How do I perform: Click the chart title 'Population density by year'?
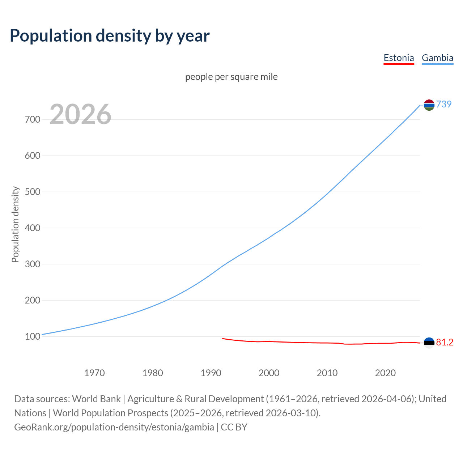pyautogui.click(x=110, y=35)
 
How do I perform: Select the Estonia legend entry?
pyautogui.click(x=399, y=58)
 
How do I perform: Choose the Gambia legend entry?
pyautogui.click(x=437, y=58)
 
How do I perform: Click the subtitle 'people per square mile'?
pyautogui.click(x=231, y=77)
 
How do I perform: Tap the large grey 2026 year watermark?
pyautogui.click(x=80, y=114)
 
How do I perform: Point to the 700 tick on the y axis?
pyautogui.click(x=33, y=119)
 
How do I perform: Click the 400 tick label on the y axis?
pyautogui.click(x=33, y=228)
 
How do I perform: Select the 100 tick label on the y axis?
pyautogui.click(x=33, y=336)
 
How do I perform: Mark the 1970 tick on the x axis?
pyautogui.click(x=94, y=373)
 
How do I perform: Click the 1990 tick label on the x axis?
pyautogui.click(x=211, y=373)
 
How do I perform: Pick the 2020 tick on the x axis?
pyautogui.click(x=385, y=373)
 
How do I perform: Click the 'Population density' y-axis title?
pyautogui.click(x=15, y=224)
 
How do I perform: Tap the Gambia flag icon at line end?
pyautogui.click(x=429, y=105)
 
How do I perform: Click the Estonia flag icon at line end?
pyautogui.click(x=429, y=343)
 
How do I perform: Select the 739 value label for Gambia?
pyautogui.click(x=444, y=104)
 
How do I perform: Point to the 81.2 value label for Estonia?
pyautogui.click(x=445, y=342)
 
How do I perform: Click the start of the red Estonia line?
pyautogui.click(x=223, y=339)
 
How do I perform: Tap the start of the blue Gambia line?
pyautogui.click(x=43, y=334)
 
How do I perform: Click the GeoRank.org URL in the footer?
pyautogui.click(x=114, y=427)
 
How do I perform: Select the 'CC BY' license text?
pyautogui.click(x=234, y=427)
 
